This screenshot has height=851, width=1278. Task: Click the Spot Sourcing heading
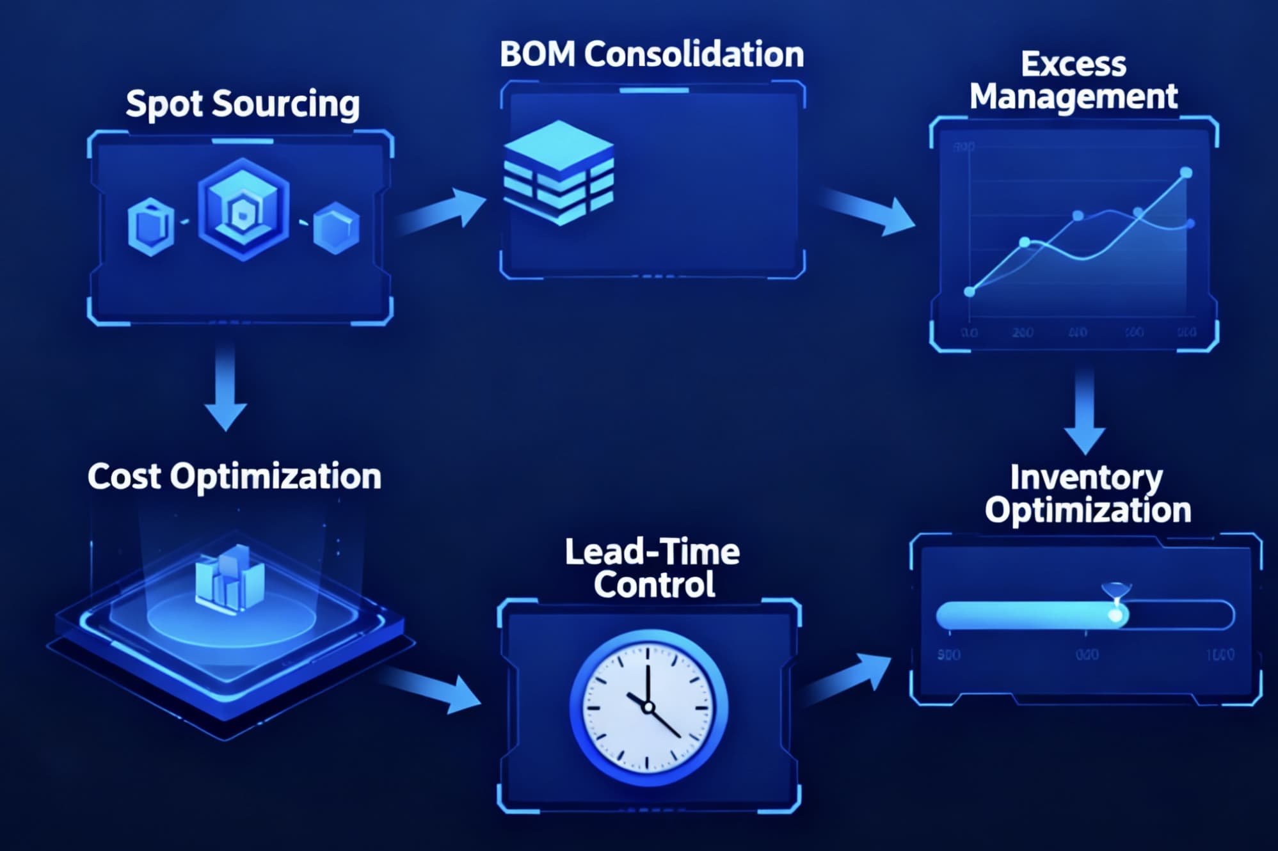(243, 104)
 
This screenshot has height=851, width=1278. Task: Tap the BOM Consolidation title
(651, 54)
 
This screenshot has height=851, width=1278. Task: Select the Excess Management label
(1073, 81)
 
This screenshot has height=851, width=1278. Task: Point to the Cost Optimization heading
(234, 477)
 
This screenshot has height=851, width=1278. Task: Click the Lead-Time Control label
(653, 568)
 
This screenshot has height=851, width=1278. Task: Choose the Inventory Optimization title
(1087, 493)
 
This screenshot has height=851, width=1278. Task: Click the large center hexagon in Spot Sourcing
(243, 209)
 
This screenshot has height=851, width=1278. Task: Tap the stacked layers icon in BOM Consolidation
(559, 173)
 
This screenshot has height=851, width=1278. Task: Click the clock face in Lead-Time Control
(648, 708)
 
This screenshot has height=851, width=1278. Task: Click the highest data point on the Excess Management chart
(1186, 172)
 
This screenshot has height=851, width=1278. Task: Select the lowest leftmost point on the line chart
(970, 292)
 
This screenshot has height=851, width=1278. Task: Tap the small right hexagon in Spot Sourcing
(336, 227)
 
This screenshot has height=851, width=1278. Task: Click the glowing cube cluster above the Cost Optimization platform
(230, 579)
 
